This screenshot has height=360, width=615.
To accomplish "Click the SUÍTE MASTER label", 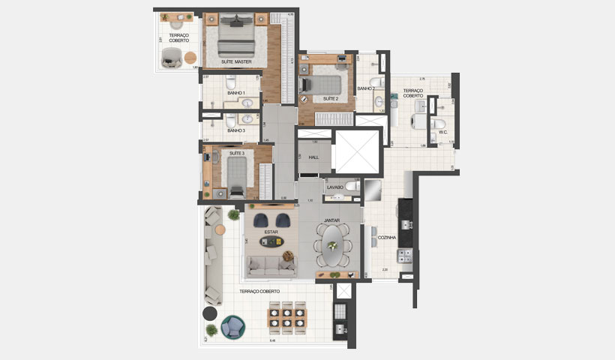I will pos(236,61).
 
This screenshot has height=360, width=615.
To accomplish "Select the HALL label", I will pos(313,157).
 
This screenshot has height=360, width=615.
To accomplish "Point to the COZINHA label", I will pos(388,237).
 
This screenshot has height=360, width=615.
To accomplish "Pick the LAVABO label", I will pos(334,187).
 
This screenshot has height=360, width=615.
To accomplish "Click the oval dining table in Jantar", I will pos(331,245).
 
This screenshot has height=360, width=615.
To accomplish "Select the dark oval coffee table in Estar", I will pos(271,241).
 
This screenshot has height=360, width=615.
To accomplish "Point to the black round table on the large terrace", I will pos(210,313).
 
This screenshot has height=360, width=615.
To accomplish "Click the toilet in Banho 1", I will pos(232,81).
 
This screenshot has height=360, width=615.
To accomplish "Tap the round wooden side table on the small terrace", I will pos(190,56).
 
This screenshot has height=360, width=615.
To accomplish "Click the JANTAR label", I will pos(331,220).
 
